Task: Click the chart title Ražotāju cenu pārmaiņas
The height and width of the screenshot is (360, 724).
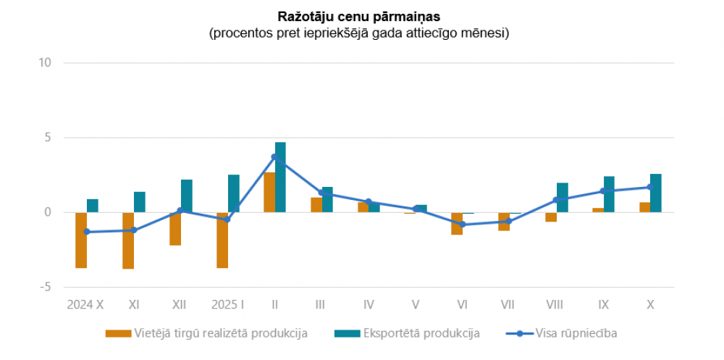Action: coord(359,16)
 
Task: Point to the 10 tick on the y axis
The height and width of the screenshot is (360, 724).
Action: coord(46,63)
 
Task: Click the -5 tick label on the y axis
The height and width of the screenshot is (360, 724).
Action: coord(46,287)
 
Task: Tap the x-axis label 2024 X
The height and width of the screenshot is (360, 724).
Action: coord(86,306)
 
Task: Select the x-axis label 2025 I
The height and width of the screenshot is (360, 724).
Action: coord(227,306)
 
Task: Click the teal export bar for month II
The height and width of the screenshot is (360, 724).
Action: coord(280,177)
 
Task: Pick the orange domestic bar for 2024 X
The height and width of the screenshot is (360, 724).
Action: coord(81,240)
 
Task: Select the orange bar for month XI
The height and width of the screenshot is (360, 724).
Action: coord(128,240)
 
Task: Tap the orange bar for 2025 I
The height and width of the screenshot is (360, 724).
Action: coord(222,240)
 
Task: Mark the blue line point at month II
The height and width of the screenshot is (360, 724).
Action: coord(274,157)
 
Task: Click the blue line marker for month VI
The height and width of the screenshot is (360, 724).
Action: coord(463,225)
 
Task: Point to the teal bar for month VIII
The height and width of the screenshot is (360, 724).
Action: coord(563,198)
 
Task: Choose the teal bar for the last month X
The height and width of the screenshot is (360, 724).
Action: coord(656,193)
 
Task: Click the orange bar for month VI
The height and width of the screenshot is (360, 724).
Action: coord(457,223)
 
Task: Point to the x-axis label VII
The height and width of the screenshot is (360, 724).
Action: coord(509,306)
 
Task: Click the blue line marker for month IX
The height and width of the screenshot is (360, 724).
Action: coord(603,191)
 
